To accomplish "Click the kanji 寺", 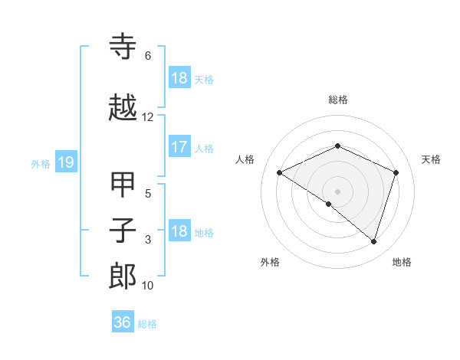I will [x=123, y=47].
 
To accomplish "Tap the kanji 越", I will [x=123, y=108].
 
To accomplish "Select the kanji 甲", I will [x=123, y=185].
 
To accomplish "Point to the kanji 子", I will [x=123, y=231].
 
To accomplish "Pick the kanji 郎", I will [x=123, y=277].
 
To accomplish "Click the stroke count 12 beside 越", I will [x=147, y=117].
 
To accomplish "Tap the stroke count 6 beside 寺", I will [x=147, y=56].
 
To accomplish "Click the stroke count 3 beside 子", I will [x=147, y=240].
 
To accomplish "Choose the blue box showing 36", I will [x=123, y=322].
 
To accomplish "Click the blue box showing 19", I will [x=65, y=162].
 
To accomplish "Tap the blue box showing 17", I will [x=179, y=147].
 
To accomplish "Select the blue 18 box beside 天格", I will [x=179, y=78].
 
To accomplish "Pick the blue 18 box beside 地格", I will [x=179, y=231].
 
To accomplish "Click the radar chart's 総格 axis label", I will [x=337, y=100].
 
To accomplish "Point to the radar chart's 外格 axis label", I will [x=270, y=262].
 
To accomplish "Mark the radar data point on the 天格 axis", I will [x=396, y=172].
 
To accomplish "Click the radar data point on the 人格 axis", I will [x=280, y=173].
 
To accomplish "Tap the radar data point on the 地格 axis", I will [x=373, y=241].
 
